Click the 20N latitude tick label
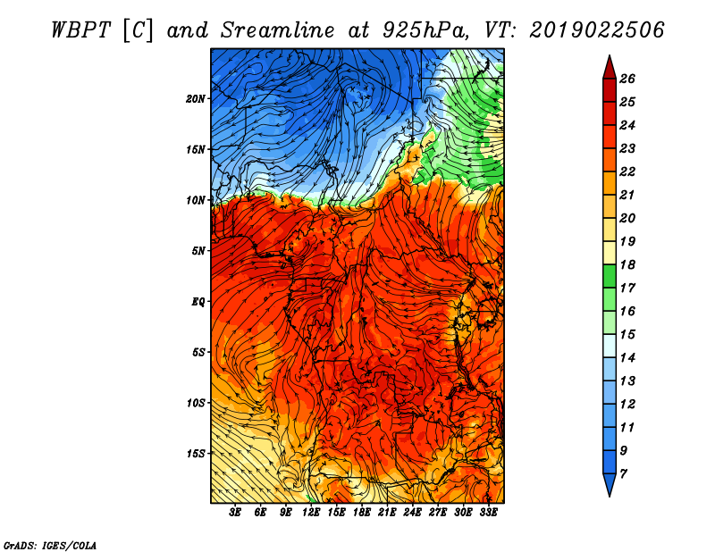click(196, 98)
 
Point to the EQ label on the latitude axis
click(198, 301)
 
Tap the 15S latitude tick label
click(196, 454)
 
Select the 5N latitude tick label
click(198, 251)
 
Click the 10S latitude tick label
click(196, 403)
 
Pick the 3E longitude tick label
click(235, 513)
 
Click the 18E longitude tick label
click(361, 513)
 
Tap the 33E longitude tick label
click(488, 513)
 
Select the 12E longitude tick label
click(310, 513)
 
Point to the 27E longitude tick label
click(437, 513)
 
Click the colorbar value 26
click(627, 79)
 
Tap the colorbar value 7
click(623, 474)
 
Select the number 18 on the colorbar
click(627, 264)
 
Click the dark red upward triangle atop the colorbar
click(610, 68)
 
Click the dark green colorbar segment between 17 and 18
click(610, 276)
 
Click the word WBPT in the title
click(80, 30)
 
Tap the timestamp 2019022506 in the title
click(597, 30)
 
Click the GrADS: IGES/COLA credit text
click(50, 545)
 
